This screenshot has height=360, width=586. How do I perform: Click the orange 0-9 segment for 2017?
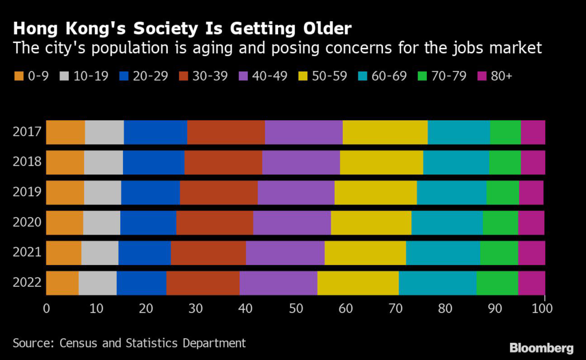(65, 132)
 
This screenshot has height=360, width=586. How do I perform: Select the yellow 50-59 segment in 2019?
(375, 192)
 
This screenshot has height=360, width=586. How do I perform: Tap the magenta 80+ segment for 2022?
(531, 283)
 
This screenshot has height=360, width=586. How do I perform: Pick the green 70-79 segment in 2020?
(500, 223)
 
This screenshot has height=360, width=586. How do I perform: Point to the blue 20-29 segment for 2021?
(144, 252)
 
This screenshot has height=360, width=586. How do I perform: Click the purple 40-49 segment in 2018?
(300, 162)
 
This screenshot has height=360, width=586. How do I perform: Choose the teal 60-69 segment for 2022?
(437, 283)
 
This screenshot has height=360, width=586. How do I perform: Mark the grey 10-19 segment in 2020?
(101, 223)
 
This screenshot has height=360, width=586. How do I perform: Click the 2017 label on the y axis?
(27, 132)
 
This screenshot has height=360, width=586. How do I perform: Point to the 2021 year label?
(27, 252)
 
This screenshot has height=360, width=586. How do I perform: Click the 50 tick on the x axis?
(295, 308)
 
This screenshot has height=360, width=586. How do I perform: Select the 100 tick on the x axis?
(543, 308)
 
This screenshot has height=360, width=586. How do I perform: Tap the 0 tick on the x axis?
(46, 308)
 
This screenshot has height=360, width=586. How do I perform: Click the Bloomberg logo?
(541, 348)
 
